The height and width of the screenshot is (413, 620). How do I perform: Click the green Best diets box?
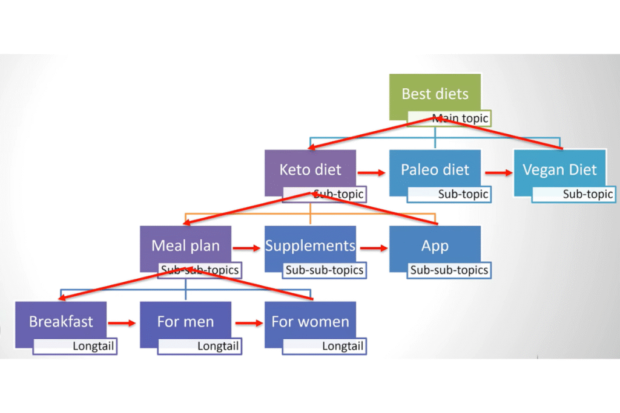tap(435, 94)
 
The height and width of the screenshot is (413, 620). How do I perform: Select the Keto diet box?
tap(310, 169)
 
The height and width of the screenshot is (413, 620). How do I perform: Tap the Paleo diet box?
tap(435, 169)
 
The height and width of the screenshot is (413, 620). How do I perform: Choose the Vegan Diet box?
tap(559, 169)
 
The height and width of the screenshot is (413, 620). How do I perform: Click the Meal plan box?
tap(185, 245)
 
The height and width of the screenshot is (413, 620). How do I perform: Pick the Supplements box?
tap(310, 246)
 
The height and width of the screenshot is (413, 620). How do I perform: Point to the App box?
tap(435, 246)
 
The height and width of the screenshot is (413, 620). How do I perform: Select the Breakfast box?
tap(61, 321)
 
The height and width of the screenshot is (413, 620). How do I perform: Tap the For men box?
tap(185, 321)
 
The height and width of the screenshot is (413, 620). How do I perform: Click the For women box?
tap(310, 321)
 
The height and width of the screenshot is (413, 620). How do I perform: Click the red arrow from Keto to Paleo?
tap(372, 172)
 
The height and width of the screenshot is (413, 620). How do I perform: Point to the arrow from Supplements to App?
tap(372, 248)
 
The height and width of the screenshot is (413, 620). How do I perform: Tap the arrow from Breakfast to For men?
tap(122, 324)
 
